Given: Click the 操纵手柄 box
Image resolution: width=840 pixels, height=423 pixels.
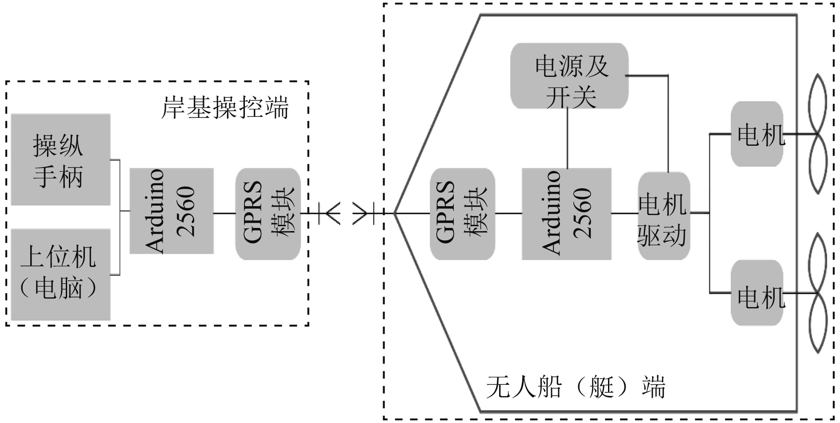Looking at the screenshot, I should click(60, 160).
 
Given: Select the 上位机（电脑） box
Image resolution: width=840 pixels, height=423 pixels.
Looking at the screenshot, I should click(60, 274).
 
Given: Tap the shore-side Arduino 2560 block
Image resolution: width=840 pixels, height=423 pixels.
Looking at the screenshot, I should click(171, 211).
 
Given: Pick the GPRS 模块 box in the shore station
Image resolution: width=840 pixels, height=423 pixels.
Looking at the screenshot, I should click(268, 214).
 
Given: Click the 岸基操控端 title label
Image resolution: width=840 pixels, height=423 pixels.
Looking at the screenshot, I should click(224, 108).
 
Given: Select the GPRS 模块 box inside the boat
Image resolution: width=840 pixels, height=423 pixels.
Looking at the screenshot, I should click(462, 214).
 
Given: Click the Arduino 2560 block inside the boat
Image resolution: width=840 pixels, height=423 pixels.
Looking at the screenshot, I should click(567, 214).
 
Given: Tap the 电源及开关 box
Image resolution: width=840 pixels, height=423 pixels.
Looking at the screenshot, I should click(569, 76).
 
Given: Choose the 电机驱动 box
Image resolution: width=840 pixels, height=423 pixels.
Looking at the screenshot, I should click(664, 216).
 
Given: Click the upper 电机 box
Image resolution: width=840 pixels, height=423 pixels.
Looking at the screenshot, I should click(757, 134).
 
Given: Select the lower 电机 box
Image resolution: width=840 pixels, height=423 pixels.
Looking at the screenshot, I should click(757, 293).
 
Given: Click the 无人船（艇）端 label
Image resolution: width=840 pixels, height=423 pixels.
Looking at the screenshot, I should click(576, 387).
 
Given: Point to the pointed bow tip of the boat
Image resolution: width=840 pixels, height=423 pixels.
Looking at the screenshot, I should click(395, 213).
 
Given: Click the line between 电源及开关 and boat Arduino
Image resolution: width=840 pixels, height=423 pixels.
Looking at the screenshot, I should click(568, 138).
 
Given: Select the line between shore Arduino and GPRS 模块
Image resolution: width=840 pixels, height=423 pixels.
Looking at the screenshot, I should click(224, 213).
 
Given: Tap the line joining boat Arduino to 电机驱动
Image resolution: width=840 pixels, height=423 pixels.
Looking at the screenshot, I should click(624, 213).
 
